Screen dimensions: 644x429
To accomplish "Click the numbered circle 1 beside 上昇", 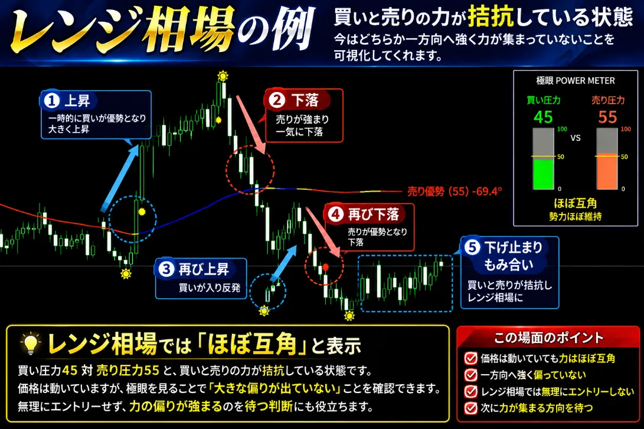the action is point(52,101).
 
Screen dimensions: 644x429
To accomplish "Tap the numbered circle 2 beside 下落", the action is point(277,100).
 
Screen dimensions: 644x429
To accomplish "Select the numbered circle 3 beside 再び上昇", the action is point(166,269).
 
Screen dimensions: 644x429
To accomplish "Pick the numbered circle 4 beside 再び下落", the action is point(335,214).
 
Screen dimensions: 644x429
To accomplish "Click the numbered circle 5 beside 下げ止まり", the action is point(472,247).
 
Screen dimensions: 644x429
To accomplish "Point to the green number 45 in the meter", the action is point(543,117).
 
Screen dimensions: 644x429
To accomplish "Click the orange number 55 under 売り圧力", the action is point(607,117).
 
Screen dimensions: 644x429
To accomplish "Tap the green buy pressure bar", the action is point(544,174).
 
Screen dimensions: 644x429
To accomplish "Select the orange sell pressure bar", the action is point(607,171).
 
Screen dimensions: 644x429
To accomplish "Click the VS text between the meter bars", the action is point(576,138).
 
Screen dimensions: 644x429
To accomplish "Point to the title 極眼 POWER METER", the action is point(576,80).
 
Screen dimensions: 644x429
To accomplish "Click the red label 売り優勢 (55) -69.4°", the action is point(455,191).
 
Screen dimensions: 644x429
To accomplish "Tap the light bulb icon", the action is point(30,344).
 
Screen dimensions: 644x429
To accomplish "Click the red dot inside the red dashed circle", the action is point(325,268).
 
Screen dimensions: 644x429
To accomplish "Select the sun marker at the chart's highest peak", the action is point(223,76).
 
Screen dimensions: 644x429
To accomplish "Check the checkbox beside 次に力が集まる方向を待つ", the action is point(470,408).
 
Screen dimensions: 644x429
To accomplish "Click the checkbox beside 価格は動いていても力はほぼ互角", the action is point(470,358).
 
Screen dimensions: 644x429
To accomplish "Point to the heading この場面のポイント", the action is point(548,338).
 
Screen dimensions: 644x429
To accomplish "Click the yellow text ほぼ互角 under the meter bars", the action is point(576,203).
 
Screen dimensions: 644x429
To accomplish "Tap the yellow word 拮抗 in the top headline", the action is point(491,16).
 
